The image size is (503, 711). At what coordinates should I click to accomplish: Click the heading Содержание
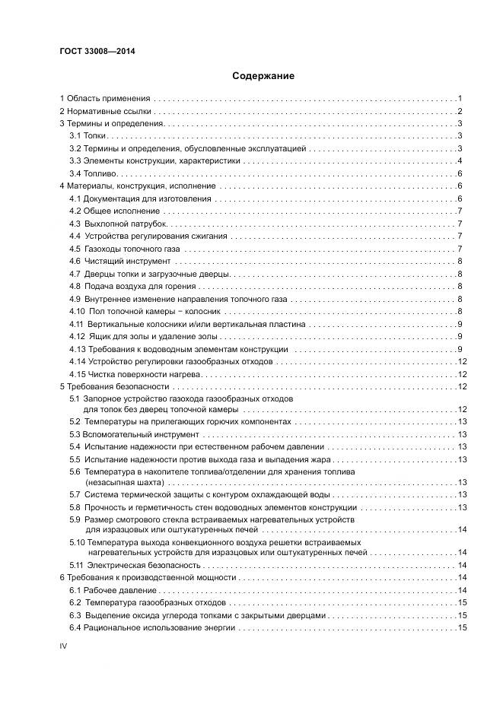point(263,76)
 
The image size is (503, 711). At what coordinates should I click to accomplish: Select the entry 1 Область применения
point(106,99)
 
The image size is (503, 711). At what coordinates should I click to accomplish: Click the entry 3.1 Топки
point(88,136)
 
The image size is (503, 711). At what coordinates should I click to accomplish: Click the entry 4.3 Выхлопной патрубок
point(118,224)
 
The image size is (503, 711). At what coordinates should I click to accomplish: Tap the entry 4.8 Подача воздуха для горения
point(132,286)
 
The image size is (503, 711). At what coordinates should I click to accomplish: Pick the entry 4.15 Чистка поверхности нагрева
point(134,374)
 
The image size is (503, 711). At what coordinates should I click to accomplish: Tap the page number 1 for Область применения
point(460,99)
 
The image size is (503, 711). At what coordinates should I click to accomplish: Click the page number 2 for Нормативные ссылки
point(460,112)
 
